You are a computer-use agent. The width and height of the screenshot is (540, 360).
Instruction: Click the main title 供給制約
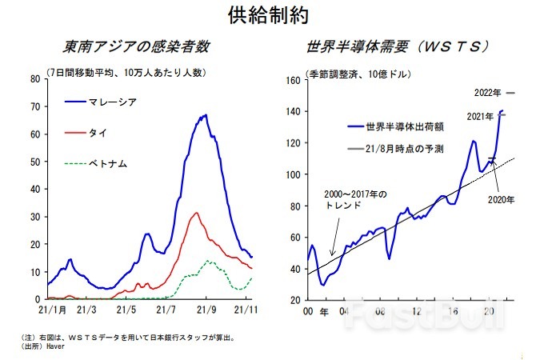click(269, 14)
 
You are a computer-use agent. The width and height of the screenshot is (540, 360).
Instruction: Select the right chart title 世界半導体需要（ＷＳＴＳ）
click(397, 46)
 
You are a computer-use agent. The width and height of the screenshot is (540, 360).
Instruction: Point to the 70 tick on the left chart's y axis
click(35, 106)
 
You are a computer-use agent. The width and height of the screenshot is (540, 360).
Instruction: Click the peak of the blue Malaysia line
click(206, 115)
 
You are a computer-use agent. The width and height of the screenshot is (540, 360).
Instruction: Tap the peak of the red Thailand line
click(197, 213)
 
